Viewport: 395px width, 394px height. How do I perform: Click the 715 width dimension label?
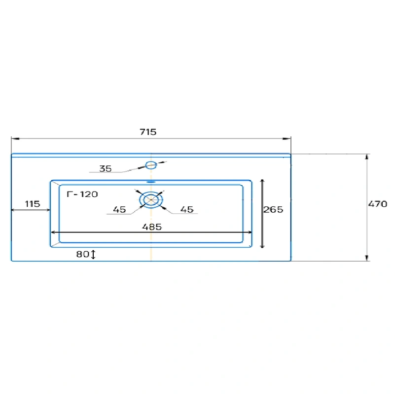point(148,132)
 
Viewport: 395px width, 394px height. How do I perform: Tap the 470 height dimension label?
point(378,204)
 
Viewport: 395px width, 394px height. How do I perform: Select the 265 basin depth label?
point(273,209)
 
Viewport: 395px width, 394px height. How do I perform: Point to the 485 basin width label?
point(152,227)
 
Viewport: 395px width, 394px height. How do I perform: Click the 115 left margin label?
point(33,204)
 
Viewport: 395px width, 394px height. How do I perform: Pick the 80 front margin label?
point(83,254)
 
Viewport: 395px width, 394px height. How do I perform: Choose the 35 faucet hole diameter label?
point(106,168)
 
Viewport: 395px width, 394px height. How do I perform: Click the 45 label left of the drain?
point(119,209)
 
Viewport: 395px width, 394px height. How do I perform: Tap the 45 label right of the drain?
point(187,209)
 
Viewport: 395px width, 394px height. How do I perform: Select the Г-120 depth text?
point(82,194)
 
